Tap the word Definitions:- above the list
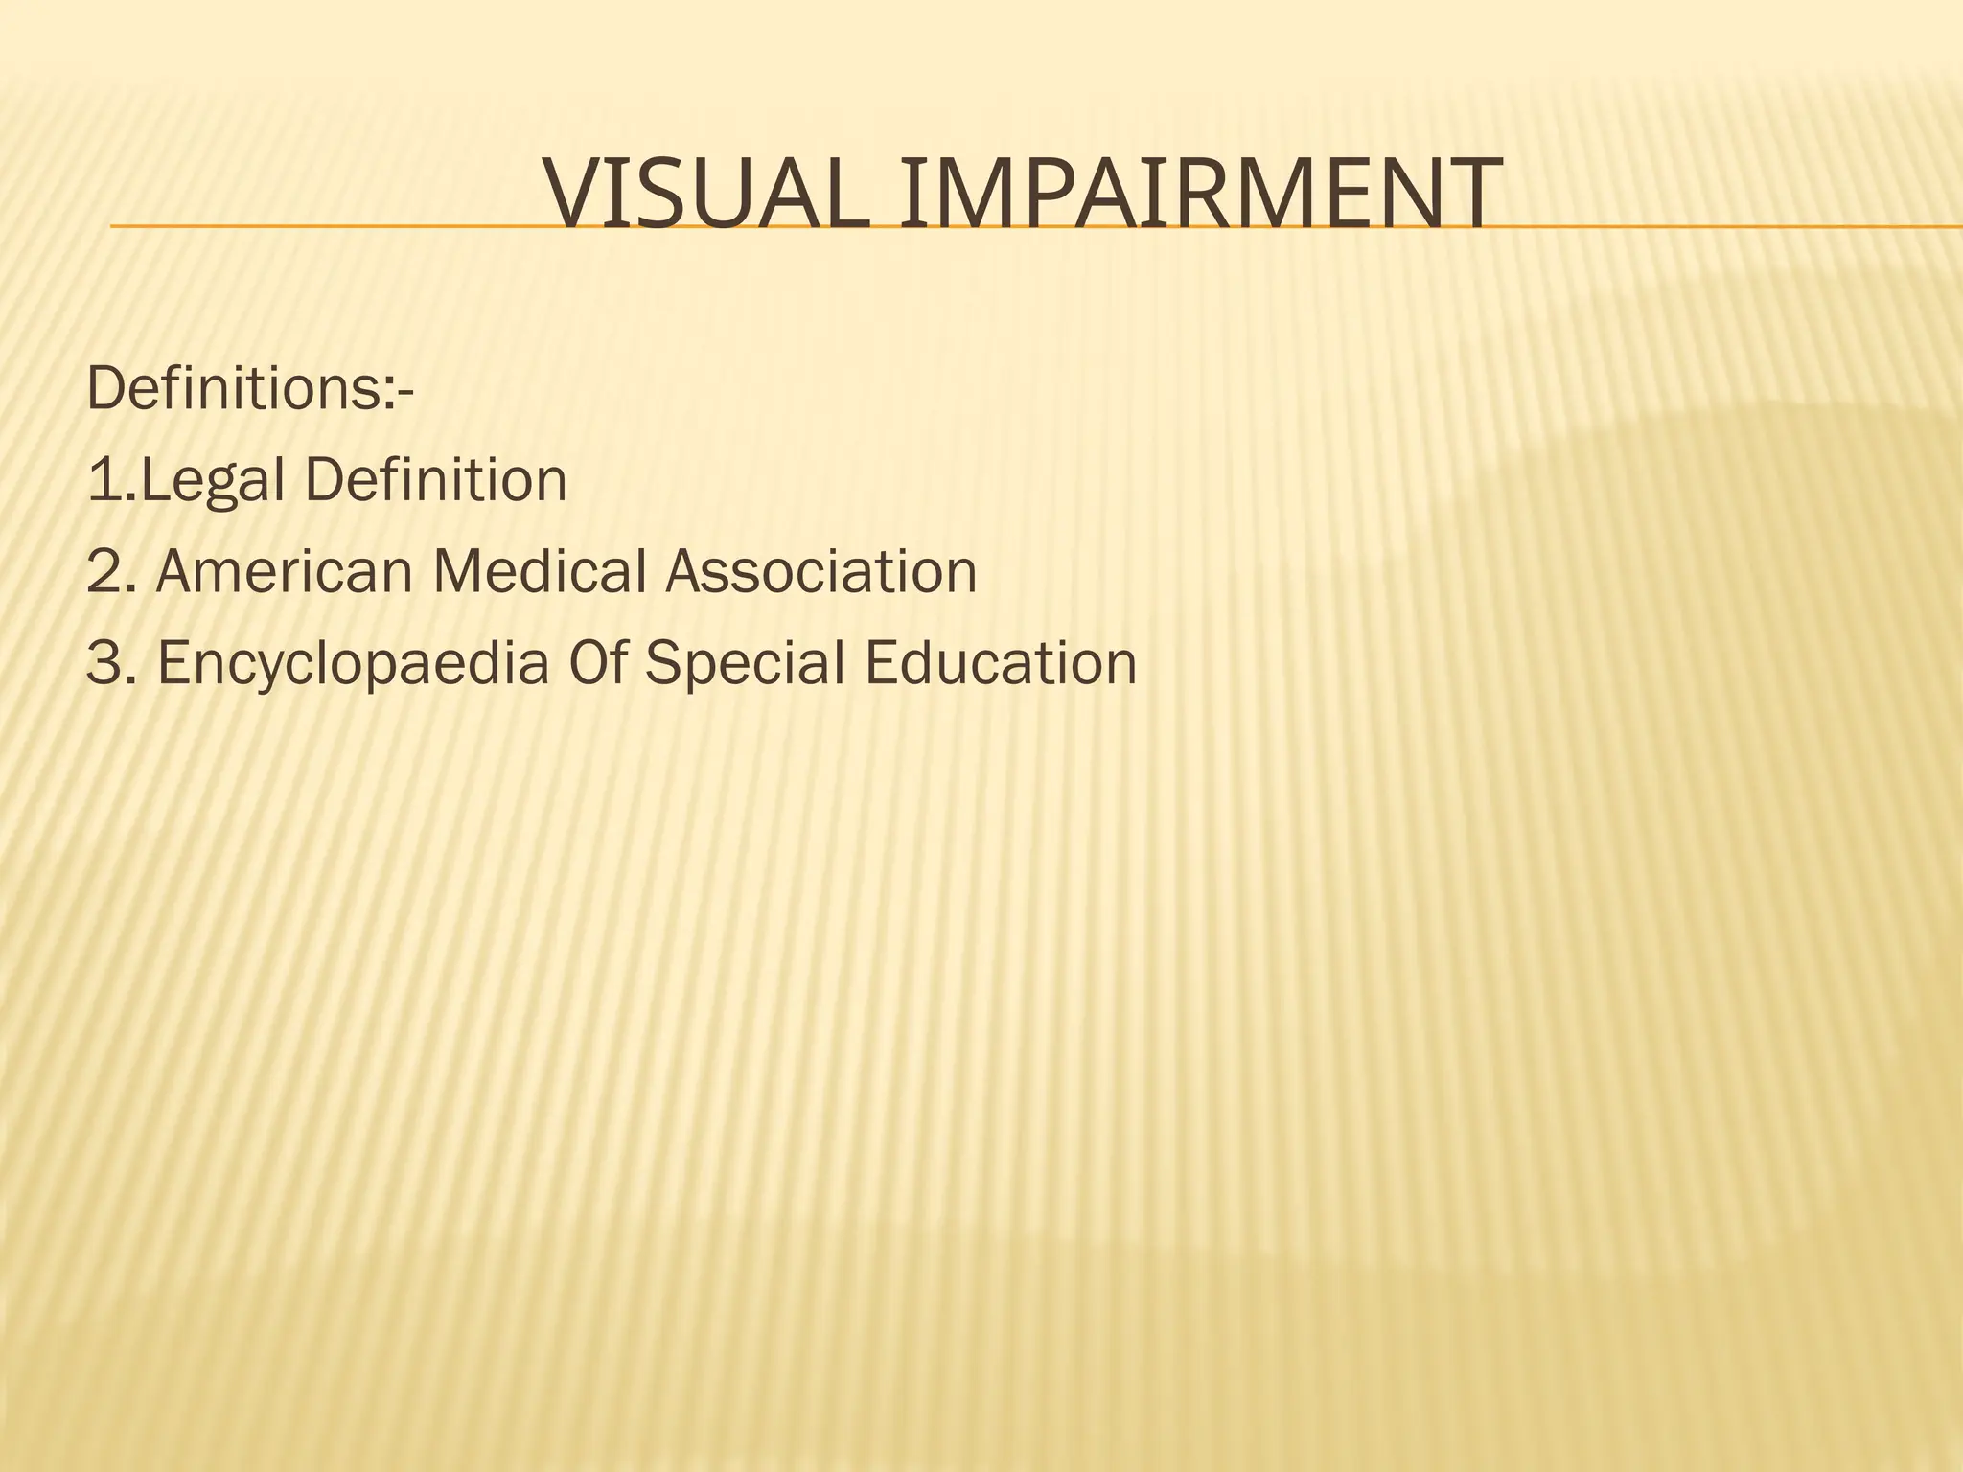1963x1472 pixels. (x=250, y=388)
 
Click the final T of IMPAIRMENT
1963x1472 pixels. (x=1470, y=195)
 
